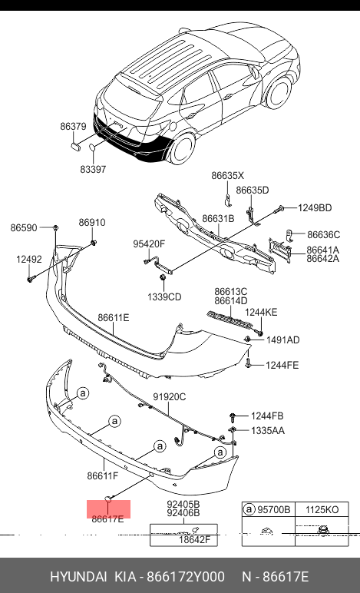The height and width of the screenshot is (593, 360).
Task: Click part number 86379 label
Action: [73, 126]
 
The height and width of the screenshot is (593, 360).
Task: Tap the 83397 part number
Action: [93, 169]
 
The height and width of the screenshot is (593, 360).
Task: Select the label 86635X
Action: [227, 175]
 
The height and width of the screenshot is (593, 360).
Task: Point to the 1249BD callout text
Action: [315, 207]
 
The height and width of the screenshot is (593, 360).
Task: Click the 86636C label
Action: [323, 235]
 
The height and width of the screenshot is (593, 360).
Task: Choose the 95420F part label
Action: [149, 244]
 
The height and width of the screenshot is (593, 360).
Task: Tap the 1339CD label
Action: [164, 296]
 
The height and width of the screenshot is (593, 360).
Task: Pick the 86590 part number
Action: [24, 227]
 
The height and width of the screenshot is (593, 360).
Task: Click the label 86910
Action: [92, 223]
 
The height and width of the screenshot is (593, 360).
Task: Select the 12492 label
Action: [29, 260]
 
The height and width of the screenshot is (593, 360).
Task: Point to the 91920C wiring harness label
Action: [169, 396]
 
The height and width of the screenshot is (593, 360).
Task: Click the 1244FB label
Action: [267, 416]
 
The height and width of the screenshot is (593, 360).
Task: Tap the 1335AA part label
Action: [268, 430]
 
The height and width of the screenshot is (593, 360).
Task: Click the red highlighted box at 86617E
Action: [109, 509]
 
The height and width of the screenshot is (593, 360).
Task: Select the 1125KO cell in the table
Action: [322, 510]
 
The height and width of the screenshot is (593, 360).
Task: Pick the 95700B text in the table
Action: [273, 510]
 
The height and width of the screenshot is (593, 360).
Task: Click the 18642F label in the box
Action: [194, 540]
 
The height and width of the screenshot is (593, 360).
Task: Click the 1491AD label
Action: [283, 340]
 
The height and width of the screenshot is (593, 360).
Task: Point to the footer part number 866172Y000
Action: [186, 577]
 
